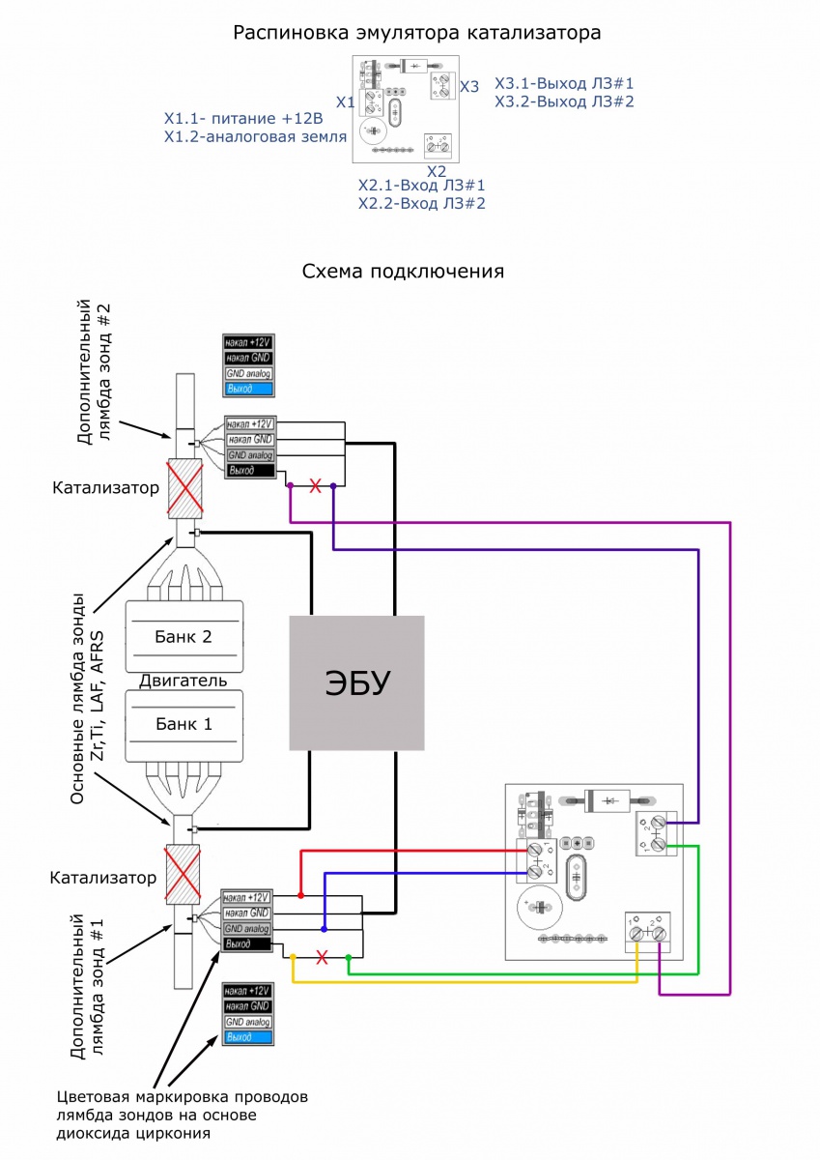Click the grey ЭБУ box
[357, 682]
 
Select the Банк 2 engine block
[184, 636]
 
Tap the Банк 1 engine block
[184, 723]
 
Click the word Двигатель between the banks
[184, 680]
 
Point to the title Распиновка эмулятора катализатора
[417, 33]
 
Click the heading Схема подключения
[403, 271]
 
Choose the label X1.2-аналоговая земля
[255, 137]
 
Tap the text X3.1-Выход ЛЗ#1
[564, 83]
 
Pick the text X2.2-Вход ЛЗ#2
[421, 204]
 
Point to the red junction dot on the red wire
[301, 895]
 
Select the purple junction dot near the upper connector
[290, 487]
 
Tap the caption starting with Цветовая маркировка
[183, 1116]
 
